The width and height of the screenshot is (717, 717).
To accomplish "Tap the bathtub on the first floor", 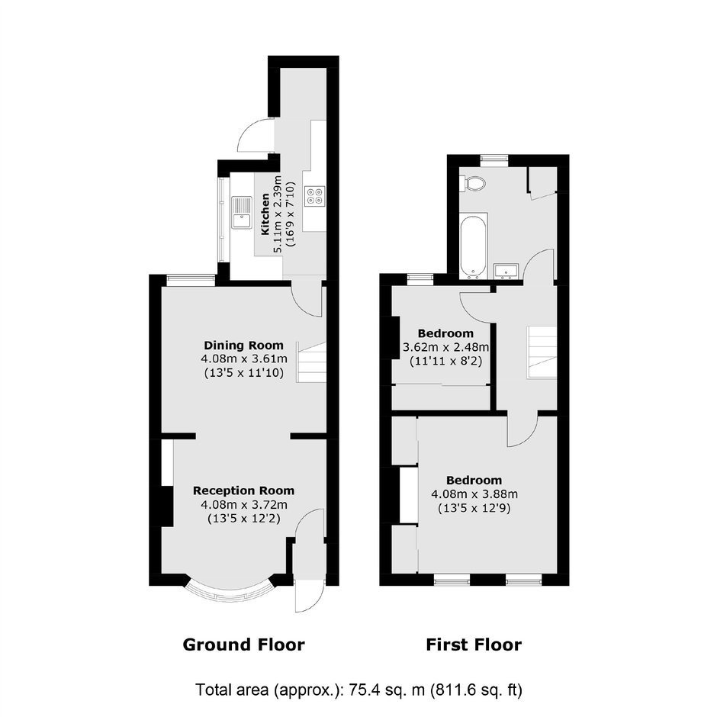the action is click(473, 246).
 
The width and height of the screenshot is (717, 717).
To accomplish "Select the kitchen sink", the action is click(242, 212).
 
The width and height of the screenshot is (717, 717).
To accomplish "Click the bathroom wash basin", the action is click(506, 271).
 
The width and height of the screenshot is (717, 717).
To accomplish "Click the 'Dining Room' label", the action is click(243, 346).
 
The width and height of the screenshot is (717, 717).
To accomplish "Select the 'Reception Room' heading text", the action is click(243, 490).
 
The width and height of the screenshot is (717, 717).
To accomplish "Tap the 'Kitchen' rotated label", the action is click(265, 214).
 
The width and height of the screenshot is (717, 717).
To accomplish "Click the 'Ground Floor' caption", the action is click(244, 645).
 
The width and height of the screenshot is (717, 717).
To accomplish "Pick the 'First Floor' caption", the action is click(474, 645).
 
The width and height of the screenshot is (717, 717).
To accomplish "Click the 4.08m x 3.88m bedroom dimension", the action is click(474, 494).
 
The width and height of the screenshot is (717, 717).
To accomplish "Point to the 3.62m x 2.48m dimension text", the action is click(445, 347).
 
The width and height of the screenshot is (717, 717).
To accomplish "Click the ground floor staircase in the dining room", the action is click(312, 362).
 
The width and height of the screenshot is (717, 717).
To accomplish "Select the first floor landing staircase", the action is click(542, 352).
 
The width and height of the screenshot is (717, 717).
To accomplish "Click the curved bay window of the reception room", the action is click(230, 591).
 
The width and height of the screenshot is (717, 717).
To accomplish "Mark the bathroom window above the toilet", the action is click(494, 159).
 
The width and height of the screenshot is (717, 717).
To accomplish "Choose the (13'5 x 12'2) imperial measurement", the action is click(244, 519).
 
